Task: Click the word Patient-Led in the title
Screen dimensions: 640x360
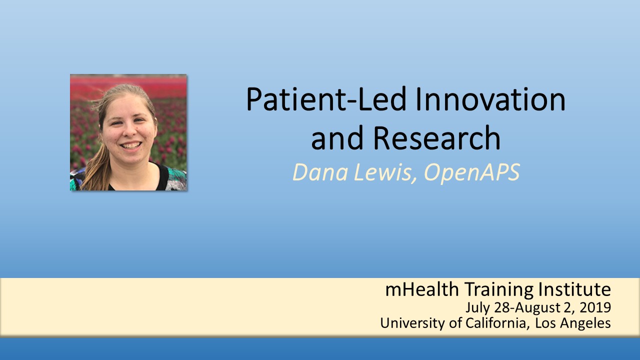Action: [x=326, y=99]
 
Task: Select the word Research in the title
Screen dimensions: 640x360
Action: [x=437, y=137]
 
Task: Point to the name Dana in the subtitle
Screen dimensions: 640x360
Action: [x=320, y=172]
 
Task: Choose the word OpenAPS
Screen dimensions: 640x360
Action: [x=472, y=173]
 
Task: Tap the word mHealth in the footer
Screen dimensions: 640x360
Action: [x=422, y=289]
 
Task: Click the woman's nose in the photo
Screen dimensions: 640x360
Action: [x=130, y=131]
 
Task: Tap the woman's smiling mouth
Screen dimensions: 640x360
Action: [x=131, y=145]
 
